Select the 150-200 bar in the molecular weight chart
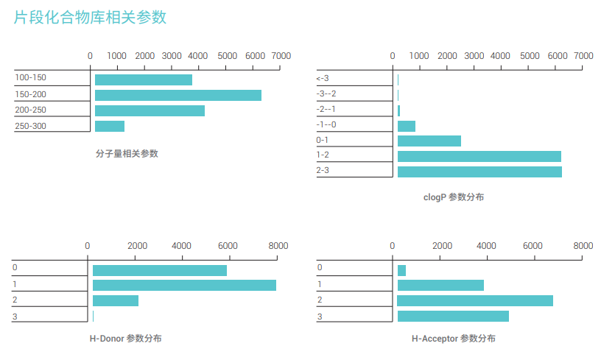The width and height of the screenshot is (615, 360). pyautogui.click(x=178, y=95)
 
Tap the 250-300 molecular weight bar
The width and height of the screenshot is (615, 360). pyautogui.click(x=110, y=126)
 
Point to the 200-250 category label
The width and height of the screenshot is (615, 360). pyautogui.click(x=30, y=110)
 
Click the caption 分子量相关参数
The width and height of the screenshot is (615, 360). pyautogui.click(x=127, y=154)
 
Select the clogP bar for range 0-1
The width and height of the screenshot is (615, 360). pyautogui.click(x=429, y=141)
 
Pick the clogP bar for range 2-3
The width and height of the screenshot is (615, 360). pyautogui.click(x=479, y=172)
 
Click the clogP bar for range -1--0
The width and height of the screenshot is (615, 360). pyautogui.click(x=407, y=126)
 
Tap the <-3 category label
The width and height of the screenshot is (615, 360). pyautogui.click(x=323, y=78)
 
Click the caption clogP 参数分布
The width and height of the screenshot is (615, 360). pyautogui.click(x=454, y=197)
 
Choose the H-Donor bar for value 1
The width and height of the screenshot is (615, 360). pyautogui.click(x=184, y=285)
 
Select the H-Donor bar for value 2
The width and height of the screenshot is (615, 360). pyautogui.click(x=116, y=300)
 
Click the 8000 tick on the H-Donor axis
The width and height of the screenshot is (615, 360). pyautogui.click(x=278, y=246)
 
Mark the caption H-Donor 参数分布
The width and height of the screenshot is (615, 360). pyautogui.click(x=125, y=339)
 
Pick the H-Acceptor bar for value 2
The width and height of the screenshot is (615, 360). pyautogui.click(x=475, y=300)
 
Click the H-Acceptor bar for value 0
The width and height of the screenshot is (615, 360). pyautogui.click(x=401, y=270)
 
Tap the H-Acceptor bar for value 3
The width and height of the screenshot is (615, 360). pyautogui.click(x=453, y=316)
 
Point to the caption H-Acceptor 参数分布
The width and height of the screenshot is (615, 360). pyautogui.click(x=453, y=339)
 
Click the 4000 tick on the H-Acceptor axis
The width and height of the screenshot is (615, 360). pyautogui.click(x=486, y=246)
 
